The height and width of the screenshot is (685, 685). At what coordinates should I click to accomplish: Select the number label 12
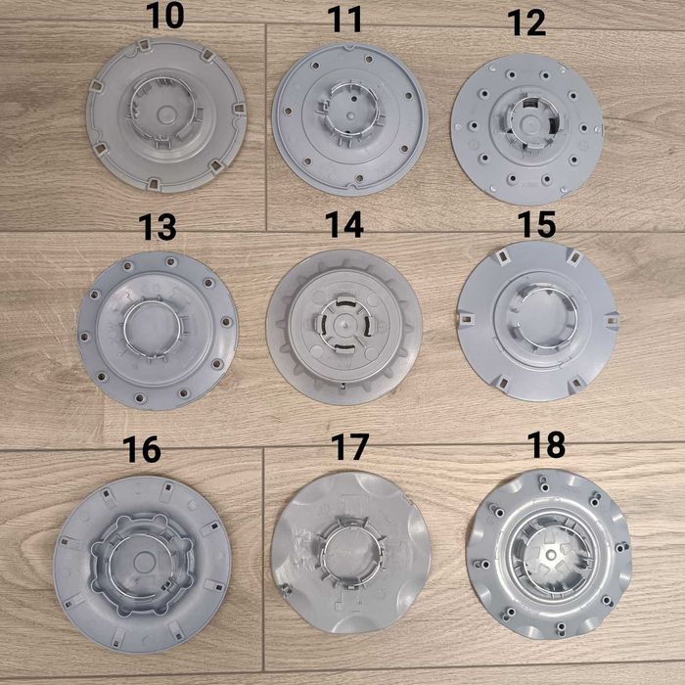point(527,24)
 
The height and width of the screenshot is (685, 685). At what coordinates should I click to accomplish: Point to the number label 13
point(158,227)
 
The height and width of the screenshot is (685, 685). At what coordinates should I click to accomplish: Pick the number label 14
point(343,225)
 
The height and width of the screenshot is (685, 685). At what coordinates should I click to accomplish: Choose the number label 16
point(142,449)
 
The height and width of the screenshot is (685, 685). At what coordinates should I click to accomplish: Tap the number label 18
point(546,444)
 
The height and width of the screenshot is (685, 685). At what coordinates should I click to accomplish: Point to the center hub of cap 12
point(529,127)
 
